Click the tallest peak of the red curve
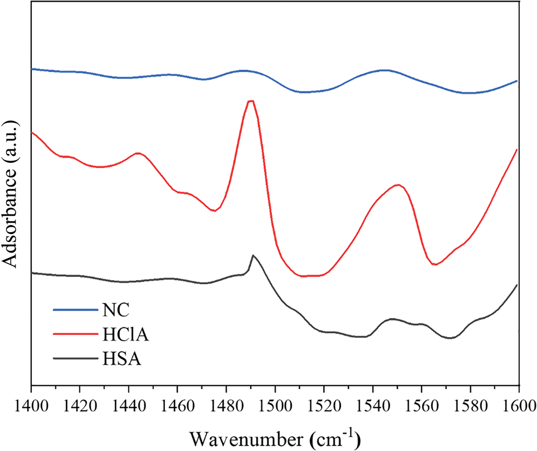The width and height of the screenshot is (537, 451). (250, 101)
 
